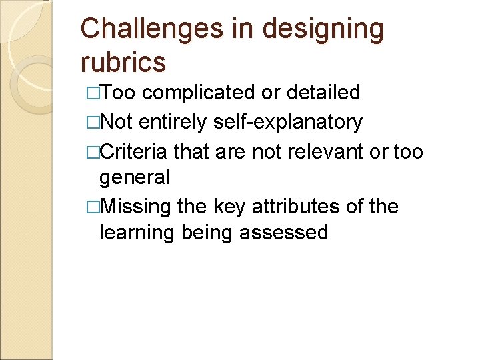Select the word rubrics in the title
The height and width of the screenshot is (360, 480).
[123, 62]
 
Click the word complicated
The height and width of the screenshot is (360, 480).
[199, 92]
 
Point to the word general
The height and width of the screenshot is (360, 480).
[135, 177]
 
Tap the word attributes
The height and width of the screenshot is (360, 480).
[298, 207]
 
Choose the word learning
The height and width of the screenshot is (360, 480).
[136, 232]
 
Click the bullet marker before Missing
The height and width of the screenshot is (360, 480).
[93, 207]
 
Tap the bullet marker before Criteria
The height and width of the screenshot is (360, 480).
[93, 153]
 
